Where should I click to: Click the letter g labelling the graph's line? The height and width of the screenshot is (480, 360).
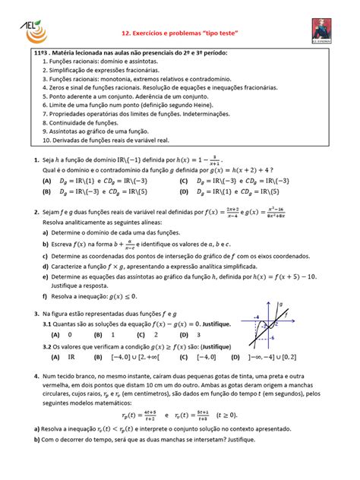tap(279, 304)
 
